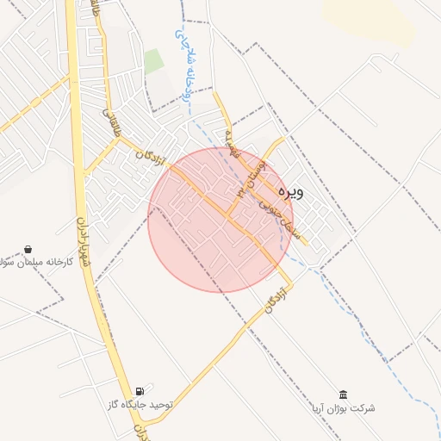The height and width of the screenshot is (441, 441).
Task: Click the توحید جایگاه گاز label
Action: click(x=140, y=404)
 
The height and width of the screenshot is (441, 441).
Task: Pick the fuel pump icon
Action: click(x=140, y=391)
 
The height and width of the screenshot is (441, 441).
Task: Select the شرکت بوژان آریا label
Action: click(x=345, y=407)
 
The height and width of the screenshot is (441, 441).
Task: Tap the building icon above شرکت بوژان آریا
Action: click(x=344, y=394)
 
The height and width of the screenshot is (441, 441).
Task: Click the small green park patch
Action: click(x=153, y=61)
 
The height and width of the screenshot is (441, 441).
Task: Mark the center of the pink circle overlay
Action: click(x=220, y=220)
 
